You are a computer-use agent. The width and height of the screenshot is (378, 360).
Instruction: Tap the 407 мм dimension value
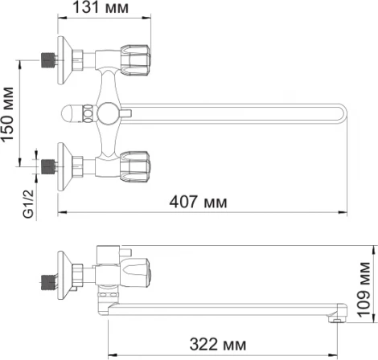tap(196, 202)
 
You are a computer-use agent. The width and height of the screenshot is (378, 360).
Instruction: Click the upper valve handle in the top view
tap(135, 57)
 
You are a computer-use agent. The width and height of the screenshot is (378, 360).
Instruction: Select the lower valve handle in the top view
tap(135, 166)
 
